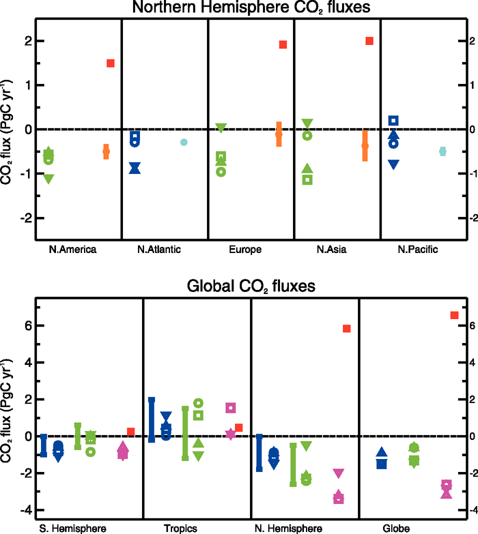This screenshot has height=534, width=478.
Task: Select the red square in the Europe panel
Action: click(x=283, y=45)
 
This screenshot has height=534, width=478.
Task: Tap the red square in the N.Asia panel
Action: click(x=369, y=41)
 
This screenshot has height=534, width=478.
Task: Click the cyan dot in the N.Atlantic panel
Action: click(x=184, y=142)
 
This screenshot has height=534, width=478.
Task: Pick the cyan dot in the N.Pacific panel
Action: click(x=442, y=151)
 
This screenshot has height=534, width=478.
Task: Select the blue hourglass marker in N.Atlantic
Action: click(x=135, y=168)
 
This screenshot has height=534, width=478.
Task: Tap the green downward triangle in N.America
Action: click(x=48, y=179)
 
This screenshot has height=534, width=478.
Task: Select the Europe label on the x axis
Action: click(x=246, y=250)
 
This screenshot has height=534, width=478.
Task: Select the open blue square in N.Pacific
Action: click(x=393, y=121)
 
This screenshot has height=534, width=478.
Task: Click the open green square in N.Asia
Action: click(x=307, y=179)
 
